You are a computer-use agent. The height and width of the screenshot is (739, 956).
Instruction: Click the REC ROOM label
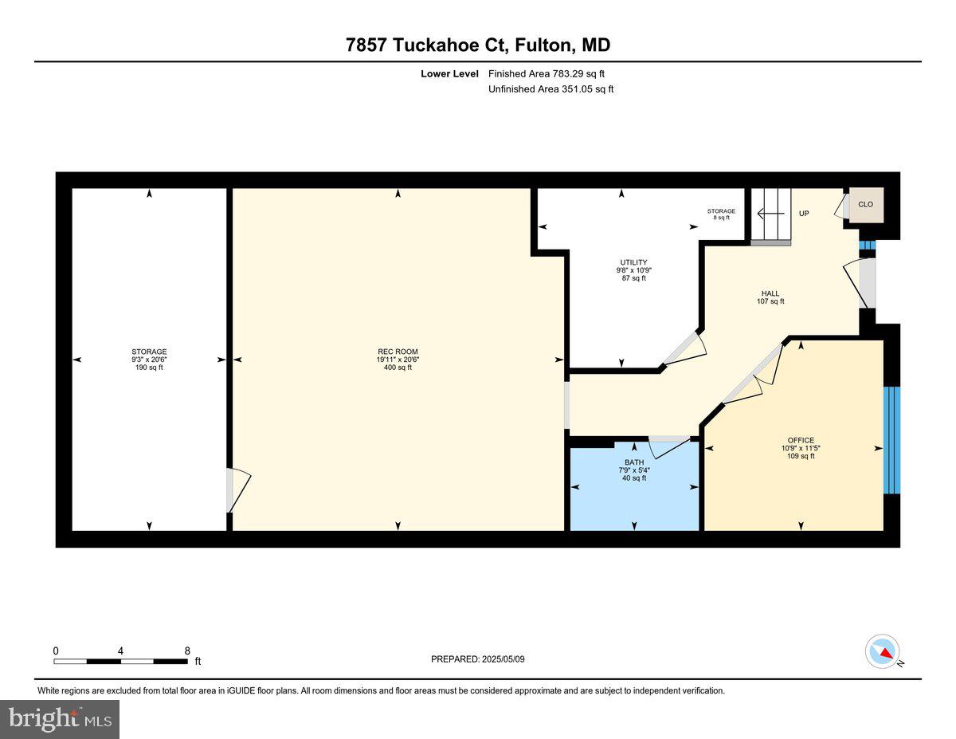(398, 352)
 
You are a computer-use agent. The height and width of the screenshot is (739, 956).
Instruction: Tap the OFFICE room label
(801, 440)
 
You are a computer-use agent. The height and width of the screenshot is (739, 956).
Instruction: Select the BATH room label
(634, 462)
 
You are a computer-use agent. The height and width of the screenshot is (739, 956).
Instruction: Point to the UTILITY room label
(634, 262)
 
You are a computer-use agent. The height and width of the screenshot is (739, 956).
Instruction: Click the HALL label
(770, 293)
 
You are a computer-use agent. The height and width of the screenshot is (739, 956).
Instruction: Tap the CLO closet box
(865, 204)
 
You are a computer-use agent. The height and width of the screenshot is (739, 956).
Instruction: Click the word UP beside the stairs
(804, 214)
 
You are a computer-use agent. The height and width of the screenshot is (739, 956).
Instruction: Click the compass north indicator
(883, 651)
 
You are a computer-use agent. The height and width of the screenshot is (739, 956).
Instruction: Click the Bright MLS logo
(60, 719)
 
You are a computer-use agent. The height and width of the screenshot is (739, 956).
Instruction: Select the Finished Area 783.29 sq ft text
(552, 73)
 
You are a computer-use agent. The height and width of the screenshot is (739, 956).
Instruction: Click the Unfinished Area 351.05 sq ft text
(550, 89)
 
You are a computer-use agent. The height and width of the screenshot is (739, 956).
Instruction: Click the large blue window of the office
(891, 440)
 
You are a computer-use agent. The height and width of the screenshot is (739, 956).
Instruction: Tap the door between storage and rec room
(237, 489)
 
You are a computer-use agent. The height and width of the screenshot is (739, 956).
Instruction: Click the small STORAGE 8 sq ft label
(721, 214)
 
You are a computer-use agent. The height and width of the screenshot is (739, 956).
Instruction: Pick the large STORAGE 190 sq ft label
(149, 360)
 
